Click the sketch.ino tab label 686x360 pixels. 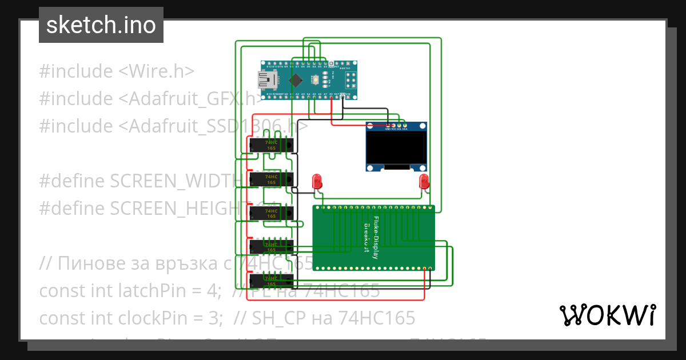click(x=101, y=25)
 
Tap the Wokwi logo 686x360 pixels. click(x=607, y=315)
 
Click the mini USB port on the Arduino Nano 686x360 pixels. click(x=266, y=79)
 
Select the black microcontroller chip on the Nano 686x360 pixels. click(x=296, y=79)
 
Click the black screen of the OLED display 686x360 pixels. click(x=397, y=148)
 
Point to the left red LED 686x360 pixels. click(x=317, y=182)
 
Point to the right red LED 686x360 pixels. click(x=424, y=182)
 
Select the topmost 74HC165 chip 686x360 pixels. click(x=271, y=145)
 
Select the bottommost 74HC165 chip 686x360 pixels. click(x=271, y=281)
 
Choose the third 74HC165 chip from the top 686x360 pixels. click(x=271, y=213)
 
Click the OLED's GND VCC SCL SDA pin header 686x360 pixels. click(x=396, y=126)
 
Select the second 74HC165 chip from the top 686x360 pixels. click(x=271, y=179)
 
